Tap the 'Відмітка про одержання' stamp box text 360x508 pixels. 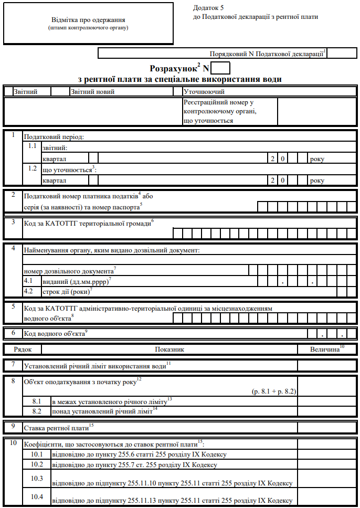pyautogui.click(x=88, y=20)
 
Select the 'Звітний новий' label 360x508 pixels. pyautogui.click(x=92, y=91)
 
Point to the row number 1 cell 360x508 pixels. pyautogui.click(x=13, y=135)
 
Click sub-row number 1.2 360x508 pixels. pyautogui.click(x=33, y=169)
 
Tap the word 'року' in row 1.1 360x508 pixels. pyautogui.click(x=317, y=158)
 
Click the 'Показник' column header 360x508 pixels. pyautogui.click(x=170, y=349)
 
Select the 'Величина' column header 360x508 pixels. pyautogui.click(x=326, y=348)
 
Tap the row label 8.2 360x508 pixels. pyautogui.click(x=37, y=411)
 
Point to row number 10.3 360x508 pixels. pyautogui.click(x=37, y=478)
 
